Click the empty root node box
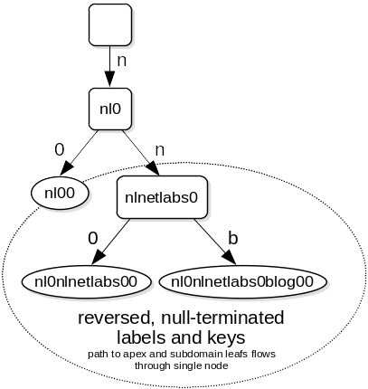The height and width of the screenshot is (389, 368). pyautogui.click(x=110, y=24)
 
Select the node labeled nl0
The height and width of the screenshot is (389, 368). pyautogui.click(x=110, y=109)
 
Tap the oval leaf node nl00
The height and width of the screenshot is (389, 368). pyautogui.click(x=60, y=193)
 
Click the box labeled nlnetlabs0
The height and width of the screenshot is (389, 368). pyautogui.click(x=162, y=197)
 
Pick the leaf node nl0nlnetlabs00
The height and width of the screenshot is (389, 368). pyautogui.click(x=86, y=281)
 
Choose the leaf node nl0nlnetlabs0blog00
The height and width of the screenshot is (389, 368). pyautogui.click(x=242, y=281)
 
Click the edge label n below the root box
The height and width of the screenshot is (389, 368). pyautogui.click(x=121, y=61)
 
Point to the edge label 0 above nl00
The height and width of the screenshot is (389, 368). pyautogui.click(x=60, y=149)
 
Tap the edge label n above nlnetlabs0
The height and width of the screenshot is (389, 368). pyautogui.click(x=159, y=150)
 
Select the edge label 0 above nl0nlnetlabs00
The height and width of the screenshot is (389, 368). pyautogui.click(x=93, y=238)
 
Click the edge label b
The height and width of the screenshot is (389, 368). pyautogui.click(x=233, y=238)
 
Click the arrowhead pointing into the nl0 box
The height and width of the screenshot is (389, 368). pyautogui.click(x=110, y=80)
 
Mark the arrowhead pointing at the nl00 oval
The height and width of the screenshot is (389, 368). pyautogui.click(x=67, y=168)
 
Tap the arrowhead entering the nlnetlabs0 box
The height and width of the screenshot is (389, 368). pyautogui.click(x=153, y=168)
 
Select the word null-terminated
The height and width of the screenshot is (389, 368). pyautogui.click(x=222, y=318)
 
